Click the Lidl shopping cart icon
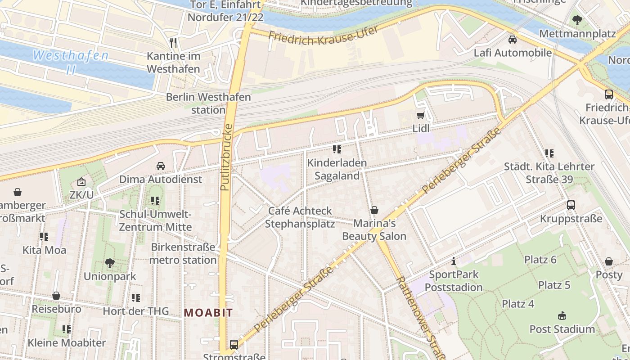click(x=420, y=115)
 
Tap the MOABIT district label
click(x=208, y=313)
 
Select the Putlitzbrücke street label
click(x=226, y=157)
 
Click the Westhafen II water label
click(x=71, y=62)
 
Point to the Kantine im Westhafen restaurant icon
click(x=173, y=43)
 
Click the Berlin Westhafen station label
click(x=208, y=103)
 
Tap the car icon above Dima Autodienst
click(x=160, y=166)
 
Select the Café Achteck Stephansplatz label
click(x=300, y=217)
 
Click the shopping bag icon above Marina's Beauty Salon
click(x=374, y=210)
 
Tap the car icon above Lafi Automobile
click(x=512, y=40)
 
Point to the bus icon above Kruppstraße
click(x=571, y=205)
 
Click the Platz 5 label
click(x=554, y=285)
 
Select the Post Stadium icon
click(x=562, y=315)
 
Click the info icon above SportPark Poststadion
click(x=454, y=261)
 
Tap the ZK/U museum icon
click(x=81, y=182)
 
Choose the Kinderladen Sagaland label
click(x=337, y=169)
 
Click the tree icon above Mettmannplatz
click(x=577, y=20)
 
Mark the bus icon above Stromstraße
click(x=234, y=345)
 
